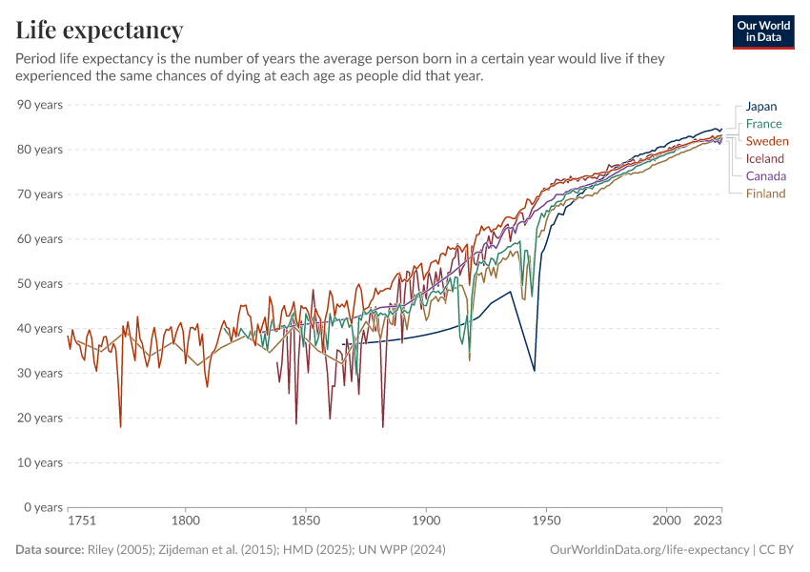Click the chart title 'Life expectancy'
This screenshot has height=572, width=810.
coord(99,31)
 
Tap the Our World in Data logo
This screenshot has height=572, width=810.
coord(762,31)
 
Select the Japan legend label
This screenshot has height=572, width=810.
coord(761,107)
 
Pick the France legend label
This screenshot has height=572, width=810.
coord(763,124)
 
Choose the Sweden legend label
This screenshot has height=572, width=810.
coord(767,141)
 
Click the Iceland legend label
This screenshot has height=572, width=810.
coord(765,159)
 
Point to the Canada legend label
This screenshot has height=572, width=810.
coord(766,176)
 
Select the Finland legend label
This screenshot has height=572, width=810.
coord(765,194)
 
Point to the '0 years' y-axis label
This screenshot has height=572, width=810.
coord(44,507)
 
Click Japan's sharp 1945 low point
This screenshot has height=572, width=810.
coord(535,371)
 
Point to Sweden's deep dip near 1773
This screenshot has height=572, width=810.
coord(120,426)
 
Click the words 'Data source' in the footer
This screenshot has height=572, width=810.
coord(49,550)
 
